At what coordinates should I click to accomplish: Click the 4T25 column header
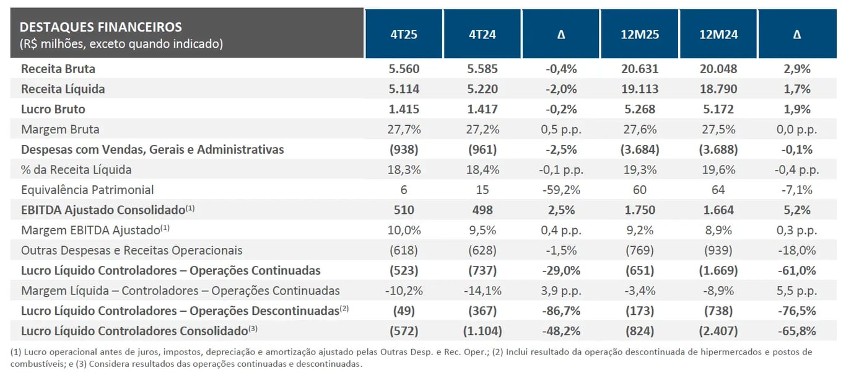pos(404,34)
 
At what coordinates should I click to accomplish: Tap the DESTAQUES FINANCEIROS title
pos(101,27)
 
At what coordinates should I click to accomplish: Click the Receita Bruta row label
pos(58,69)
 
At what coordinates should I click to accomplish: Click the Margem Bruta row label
pos(60,130)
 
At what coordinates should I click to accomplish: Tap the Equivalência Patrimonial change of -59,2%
pos(561,190)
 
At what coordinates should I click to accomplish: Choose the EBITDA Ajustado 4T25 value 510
pos(404,210)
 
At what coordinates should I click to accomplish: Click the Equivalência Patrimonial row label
pos(87,190)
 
